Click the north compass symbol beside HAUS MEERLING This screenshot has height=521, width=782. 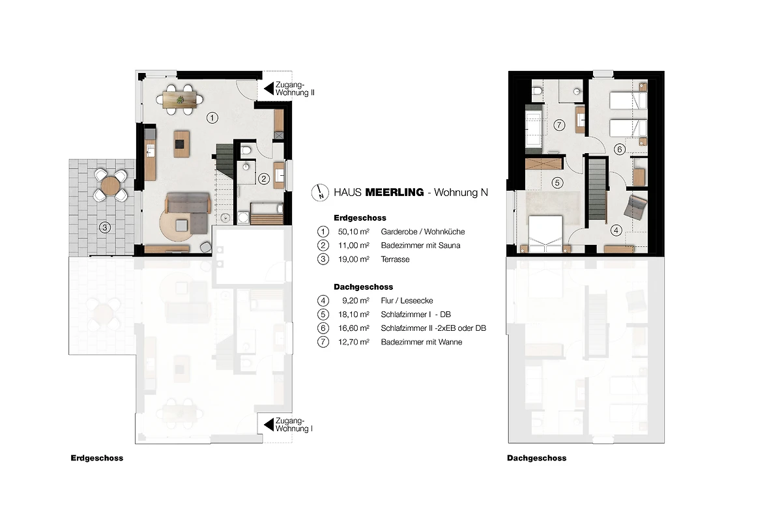tap(320, 193)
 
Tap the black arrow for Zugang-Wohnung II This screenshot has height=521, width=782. tap(268, 89)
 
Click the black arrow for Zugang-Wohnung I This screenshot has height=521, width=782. tap(268, 425)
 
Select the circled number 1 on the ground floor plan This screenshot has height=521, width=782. tap(212, 118)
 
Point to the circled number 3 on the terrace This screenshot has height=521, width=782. tap(105, 227)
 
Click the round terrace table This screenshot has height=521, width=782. tap(110, 186)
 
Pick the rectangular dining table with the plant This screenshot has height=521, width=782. tap(180, 100)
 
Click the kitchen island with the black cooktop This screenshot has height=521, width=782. tap(182, 144)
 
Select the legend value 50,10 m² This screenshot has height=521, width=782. tap(354, 232)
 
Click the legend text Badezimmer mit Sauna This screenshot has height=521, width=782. tap(420, 246)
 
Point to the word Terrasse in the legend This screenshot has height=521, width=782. tap(395, 259)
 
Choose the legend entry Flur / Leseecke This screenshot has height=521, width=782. tap(407, 301)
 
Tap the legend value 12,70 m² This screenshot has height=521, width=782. tap(354, 342)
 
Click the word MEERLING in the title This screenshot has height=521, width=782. tap(394, 192)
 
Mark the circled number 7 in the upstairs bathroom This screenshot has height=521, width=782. tap(559, 125)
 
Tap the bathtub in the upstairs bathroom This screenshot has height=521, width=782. tap(534, 128)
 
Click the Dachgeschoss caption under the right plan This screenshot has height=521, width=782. tap(536, 458)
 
